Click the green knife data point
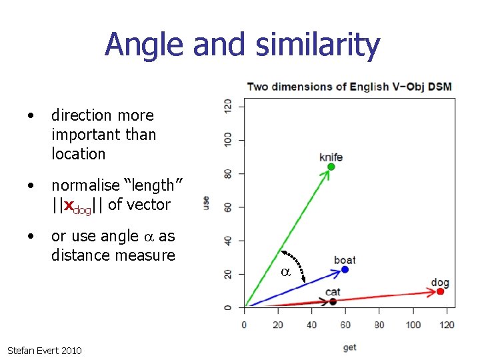pos(331,167)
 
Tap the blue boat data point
pos(345,269)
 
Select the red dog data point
pos(440,291)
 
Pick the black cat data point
pos(333,302)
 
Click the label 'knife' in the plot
pos(331,157)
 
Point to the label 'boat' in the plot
pos(345,260)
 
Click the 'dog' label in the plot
pos(440,283)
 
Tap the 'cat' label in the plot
pos(333,293)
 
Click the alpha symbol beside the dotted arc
pos(285,272)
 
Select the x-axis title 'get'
pos(349,347)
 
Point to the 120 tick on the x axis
pos(447,325)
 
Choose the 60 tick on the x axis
pos(345,325)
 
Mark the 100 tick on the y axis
pos(229,140)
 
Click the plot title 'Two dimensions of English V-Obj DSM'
pos(349,87)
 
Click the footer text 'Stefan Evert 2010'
pos(44,350)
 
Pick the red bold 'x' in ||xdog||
pos(67,205)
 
